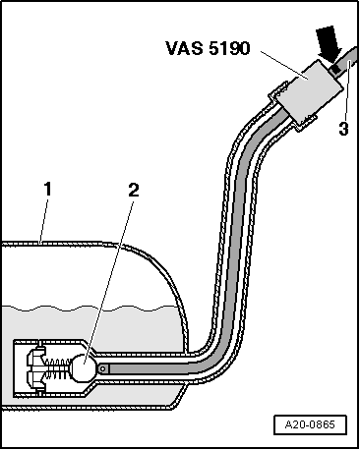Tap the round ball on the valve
(85, 369)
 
